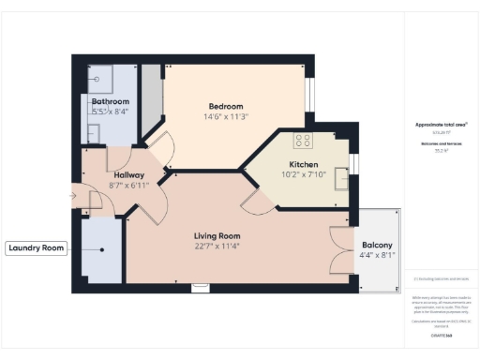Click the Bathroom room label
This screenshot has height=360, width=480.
(x=110, y=101)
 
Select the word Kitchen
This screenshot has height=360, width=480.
(x=304, y=164)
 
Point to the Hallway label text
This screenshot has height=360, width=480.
(x=128, y=174)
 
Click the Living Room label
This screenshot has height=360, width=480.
(x=217, y=235)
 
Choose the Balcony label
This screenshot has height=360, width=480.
(x=377, y=246)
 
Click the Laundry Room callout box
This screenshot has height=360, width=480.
(x=36, y=248)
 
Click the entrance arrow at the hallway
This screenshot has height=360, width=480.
(x=74, y=196)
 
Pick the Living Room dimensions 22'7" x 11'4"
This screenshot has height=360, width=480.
(x=217, y=247)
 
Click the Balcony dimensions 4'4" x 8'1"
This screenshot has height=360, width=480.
(x=377, y=258)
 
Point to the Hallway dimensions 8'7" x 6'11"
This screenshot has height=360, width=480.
(x=128, y=186)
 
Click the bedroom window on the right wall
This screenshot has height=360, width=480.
(x=309, y=95)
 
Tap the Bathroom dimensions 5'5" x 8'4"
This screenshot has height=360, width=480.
(x=110, y=112)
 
